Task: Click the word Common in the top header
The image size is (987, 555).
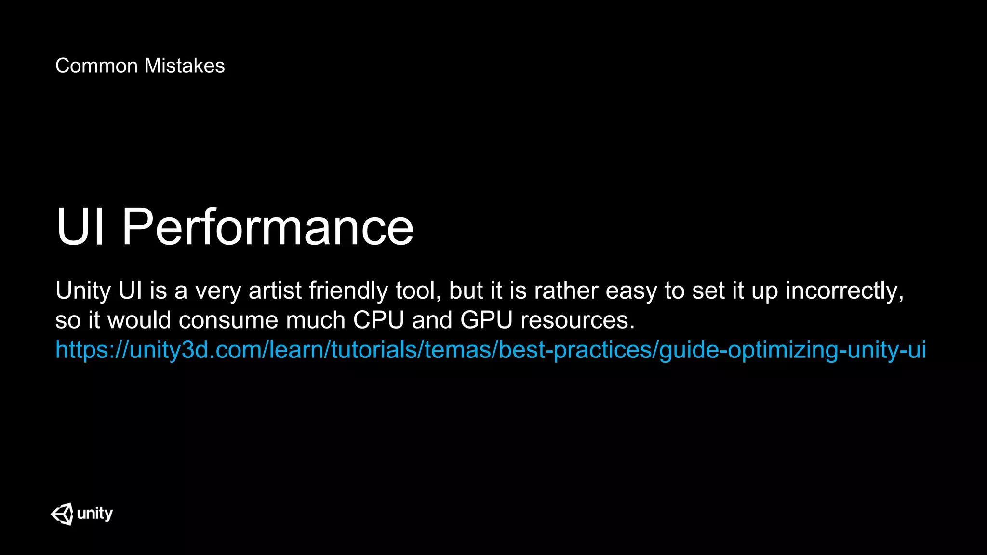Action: [x=96, y=66]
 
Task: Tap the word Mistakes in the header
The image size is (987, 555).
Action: [x=185, y=66]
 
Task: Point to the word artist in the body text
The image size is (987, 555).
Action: [x=275, y=291]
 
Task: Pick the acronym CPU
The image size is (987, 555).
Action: [x=378, y=320]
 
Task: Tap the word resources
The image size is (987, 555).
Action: [x=577, y=320]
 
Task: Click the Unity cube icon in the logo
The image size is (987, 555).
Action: [x=62, y=514]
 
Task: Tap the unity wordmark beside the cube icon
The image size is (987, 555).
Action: [x=95, y=514]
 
